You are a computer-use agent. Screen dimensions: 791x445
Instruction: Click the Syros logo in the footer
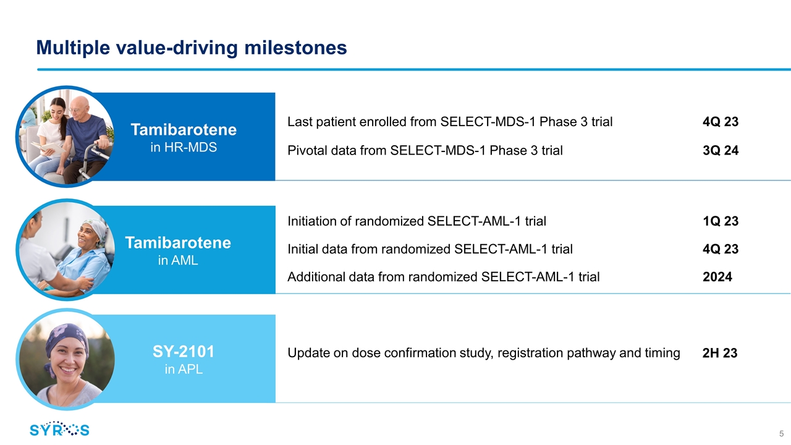click(59, 430)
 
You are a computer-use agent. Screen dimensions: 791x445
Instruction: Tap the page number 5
click(782, 434)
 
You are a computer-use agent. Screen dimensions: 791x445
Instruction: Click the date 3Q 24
click(721, 150)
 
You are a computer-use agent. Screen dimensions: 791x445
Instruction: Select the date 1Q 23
click(721, 221)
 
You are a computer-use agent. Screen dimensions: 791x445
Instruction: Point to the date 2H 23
click(720, 353)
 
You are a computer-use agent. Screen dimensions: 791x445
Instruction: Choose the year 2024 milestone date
click(717, 277)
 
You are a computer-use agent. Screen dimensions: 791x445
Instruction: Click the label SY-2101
click(184, 352)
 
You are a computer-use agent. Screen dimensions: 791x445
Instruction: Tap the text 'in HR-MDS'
click(184, 147)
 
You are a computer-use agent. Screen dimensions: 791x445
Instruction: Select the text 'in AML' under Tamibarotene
click(178, 260)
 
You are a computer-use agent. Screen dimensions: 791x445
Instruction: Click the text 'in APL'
click(184, 369)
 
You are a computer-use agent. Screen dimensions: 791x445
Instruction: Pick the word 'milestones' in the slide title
click(295, 48)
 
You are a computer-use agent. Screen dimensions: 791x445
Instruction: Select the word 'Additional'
click(316, 277)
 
